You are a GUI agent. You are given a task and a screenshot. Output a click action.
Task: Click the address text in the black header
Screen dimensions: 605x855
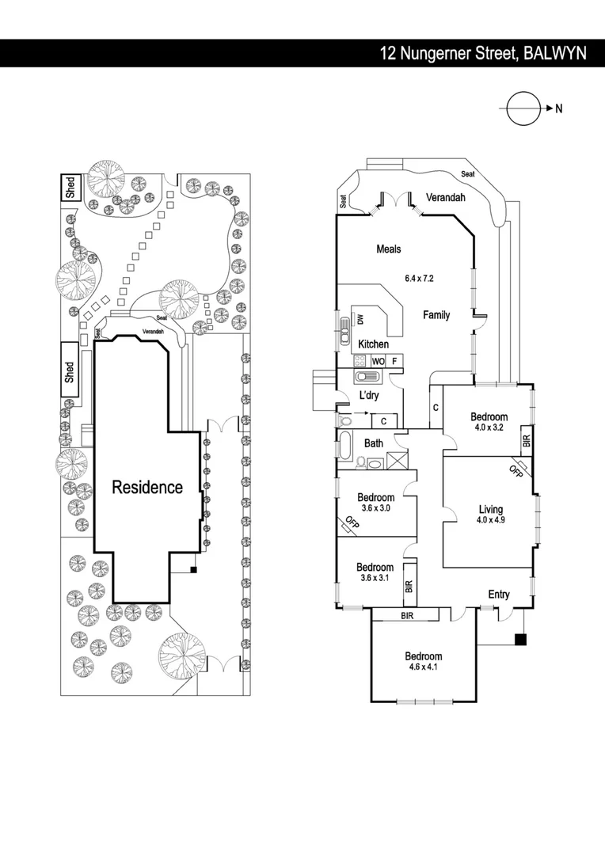pyautogui.click(x=483, y=54)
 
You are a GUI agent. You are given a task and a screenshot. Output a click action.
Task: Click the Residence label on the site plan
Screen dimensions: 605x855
pyautogui.click(x=147, y=487)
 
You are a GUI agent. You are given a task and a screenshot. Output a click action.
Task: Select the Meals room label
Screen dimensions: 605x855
pyautogui.click(x=389, y=249)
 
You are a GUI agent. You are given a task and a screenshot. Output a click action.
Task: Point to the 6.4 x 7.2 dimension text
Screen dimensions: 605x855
pyautogui.click(x=419, y=278)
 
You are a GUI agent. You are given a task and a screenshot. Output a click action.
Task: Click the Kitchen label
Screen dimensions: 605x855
pyautogui.click(x=373, y=344)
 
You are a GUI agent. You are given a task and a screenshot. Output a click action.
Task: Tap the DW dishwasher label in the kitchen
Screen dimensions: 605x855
pyautogui.click(x=360, y=319)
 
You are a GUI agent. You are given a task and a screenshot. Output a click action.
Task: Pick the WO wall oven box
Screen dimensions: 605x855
pyautogui.click(x=378, y=361)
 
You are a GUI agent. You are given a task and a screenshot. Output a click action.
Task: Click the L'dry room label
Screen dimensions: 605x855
pyautogui.click(x=369, y=395)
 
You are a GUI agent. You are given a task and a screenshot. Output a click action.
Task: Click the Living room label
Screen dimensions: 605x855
pyautogui.click(x=490, y=509)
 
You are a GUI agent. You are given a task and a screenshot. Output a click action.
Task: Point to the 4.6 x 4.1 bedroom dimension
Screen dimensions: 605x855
pyautogui.click(x=423, y=667)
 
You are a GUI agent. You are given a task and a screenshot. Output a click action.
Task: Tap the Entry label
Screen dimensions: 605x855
pyautogui.click(x=499, y=595)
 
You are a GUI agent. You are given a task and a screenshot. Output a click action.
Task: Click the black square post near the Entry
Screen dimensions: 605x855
pyautogui.click(x=521, y=640)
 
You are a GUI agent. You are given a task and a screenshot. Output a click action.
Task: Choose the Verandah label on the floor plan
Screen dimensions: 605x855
pyautogui.click(x=446, y=197)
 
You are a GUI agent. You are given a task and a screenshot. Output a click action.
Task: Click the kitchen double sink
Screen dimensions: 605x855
pyautogui.click(x=344, y=330)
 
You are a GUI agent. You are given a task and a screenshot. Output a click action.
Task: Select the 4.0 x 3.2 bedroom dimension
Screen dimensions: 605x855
pyautogui.click(x=489, y=427)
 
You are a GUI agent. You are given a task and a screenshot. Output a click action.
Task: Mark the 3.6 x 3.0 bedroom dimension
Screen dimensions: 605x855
pyautogui.click(x=376, y=507)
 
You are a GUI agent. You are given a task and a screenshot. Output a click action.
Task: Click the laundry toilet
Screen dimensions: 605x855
pyautogui.click(x=344, y=420)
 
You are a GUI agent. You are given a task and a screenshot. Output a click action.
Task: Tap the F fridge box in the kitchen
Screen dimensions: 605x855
pyautogui.click(x=394, y=361)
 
